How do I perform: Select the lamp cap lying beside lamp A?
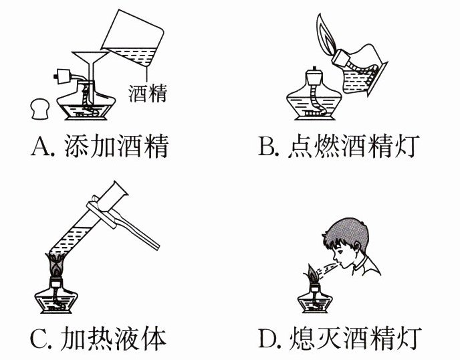[x=40, y=108]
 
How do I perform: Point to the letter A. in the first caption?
[x=43, y=146]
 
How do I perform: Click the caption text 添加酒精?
[x=116, y=146]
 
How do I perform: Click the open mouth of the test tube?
[x=120, y=188]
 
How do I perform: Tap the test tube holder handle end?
[x=156, y=246]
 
